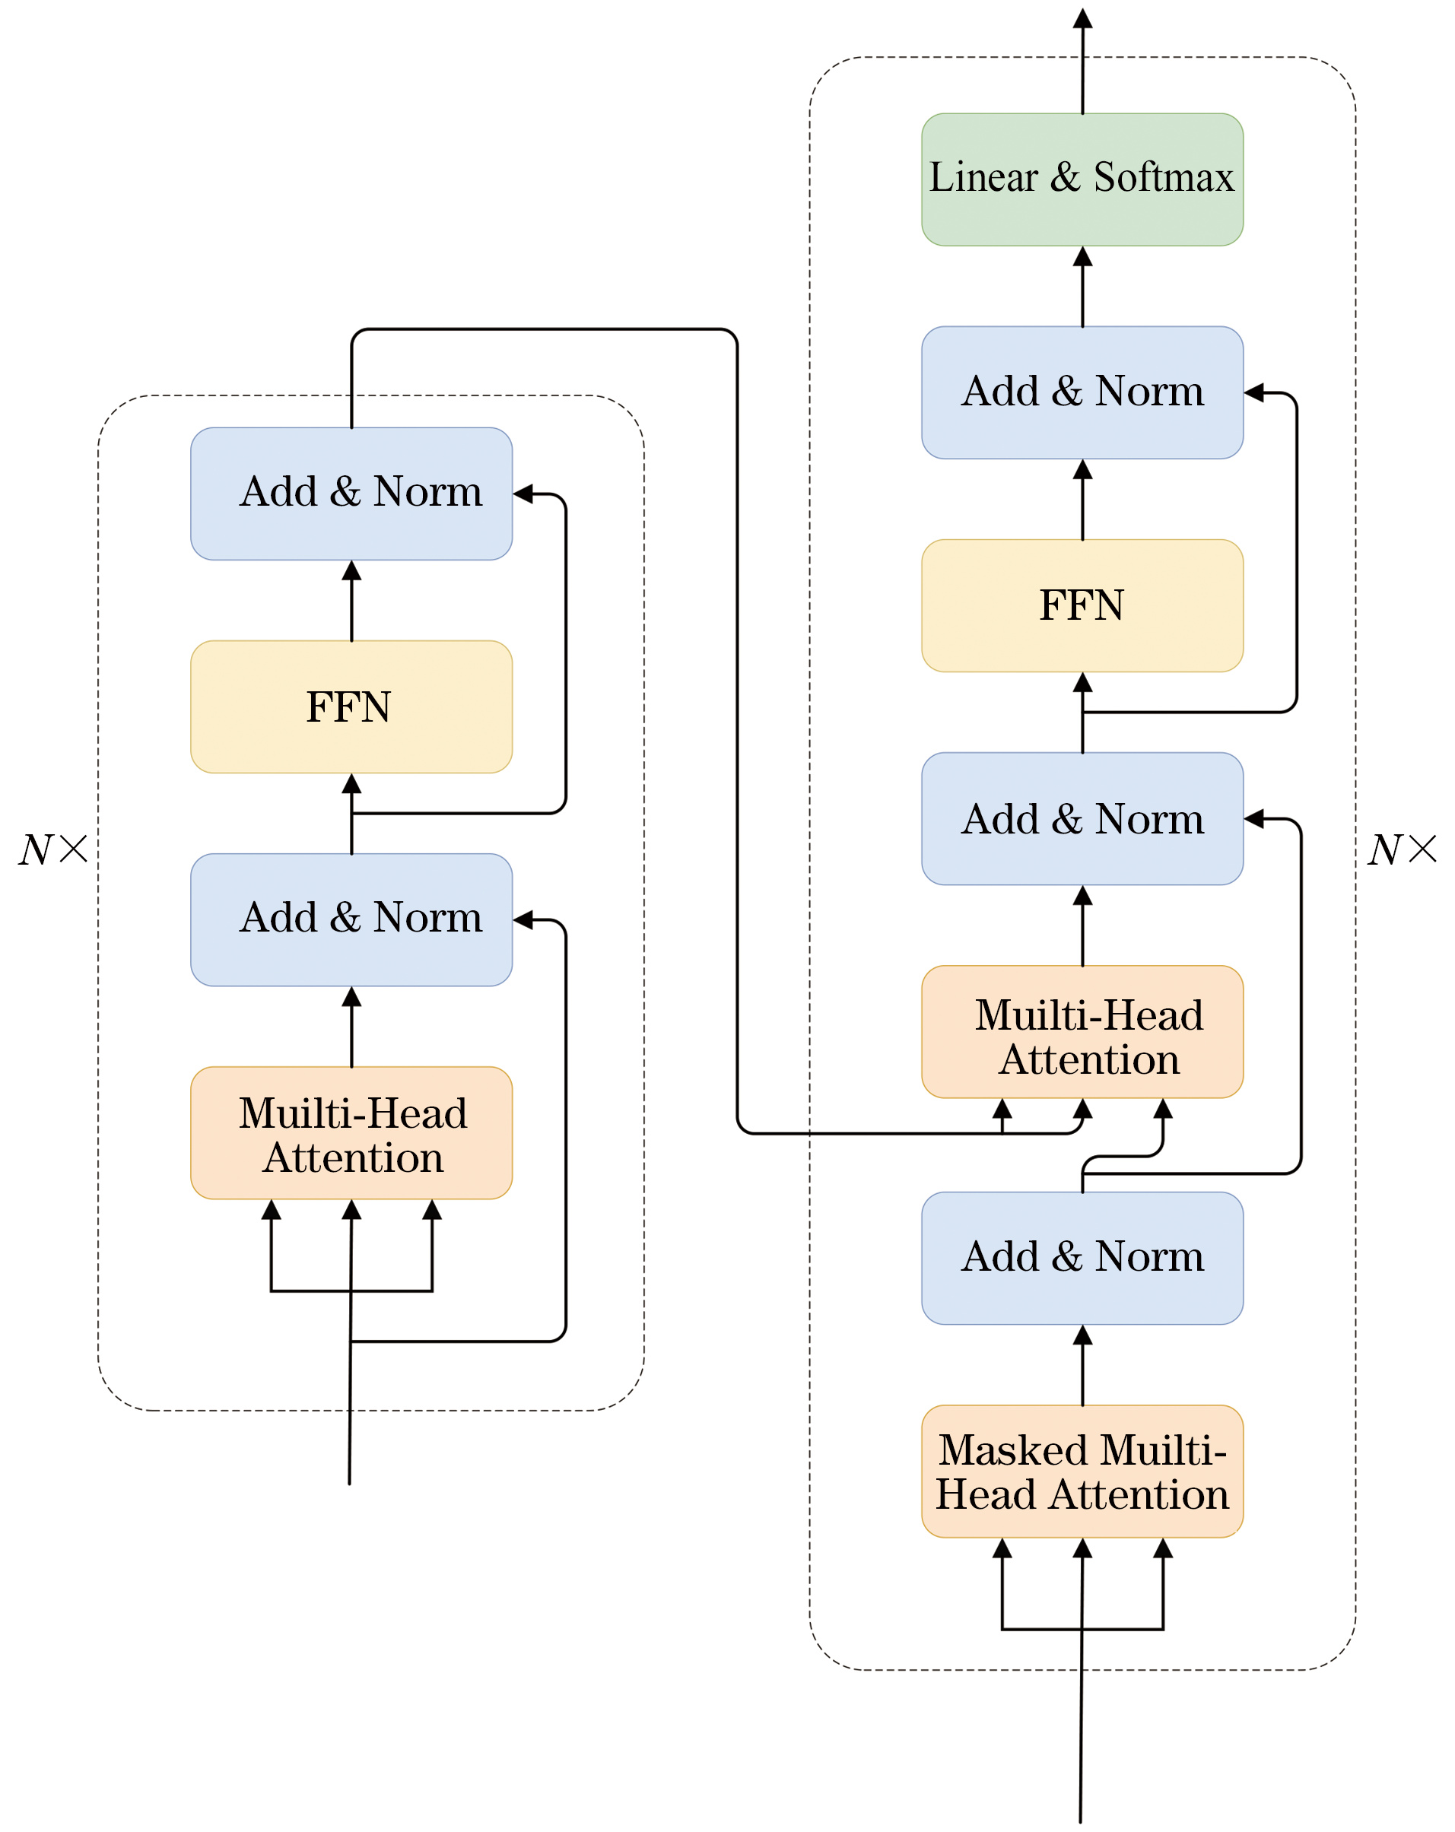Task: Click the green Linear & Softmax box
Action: coord(1082,180)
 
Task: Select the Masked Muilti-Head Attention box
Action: coord(1082,1471)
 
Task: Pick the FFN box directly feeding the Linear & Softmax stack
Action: coord(1082,606)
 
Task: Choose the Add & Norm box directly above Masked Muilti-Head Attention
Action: coord(1082,1258)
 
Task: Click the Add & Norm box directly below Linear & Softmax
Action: coord(1082,392)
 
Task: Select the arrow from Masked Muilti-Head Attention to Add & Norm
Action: coord(1082,1364)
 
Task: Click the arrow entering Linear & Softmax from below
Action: coord(1082,287)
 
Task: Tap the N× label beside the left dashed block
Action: coord(53,849)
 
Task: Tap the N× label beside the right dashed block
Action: coord(1403,849)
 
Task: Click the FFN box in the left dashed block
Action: coord(351,707)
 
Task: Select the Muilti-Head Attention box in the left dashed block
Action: coord(351,1132)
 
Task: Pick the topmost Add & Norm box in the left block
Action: coord(351,494)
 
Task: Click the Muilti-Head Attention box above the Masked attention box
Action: coord(1082,1031)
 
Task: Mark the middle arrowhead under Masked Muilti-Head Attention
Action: coord(1082,1548)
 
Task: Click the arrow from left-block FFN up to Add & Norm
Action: coord(351,601)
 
